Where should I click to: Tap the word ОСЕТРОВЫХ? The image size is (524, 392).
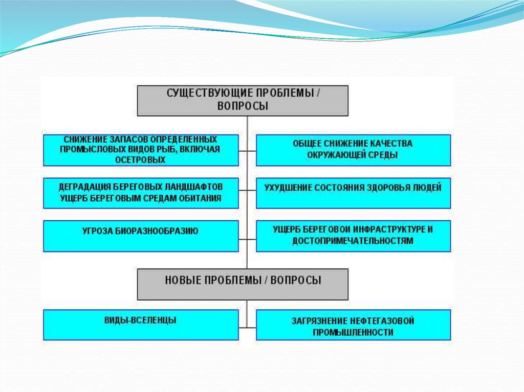click(140, 160)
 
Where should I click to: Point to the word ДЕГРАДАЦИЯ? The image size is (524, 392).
click(89, 187)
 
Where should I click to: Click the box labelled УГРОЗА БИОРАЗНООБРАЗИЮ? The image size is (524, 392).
click(141, 236)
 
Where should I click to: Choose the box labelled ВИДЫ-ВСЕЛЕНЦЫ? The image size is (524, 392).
click(141, 325)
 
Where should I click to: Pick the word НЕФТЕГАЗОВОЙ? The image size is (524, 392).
click(382, 321)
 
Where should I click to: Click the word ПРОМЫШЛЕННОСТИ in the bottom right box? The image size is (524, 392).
click(353, 332)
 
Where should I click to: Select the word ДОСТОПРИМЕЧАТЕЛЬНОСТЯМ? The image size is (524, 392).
click(353, 241)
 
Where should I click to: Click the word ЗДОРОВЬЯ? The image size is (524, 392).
click(388, 188)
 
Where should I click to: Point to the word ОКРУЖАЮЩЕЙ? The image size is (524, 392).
click(335, 155)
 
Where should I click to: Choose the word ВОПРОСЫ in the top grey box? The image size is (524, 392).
click(243, 106)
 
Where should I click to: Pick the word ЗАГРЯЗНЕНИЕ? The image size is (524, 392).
click(320, 321)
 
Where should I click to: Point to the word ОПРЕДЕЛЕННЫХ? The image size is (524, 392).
click(184, 139)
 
